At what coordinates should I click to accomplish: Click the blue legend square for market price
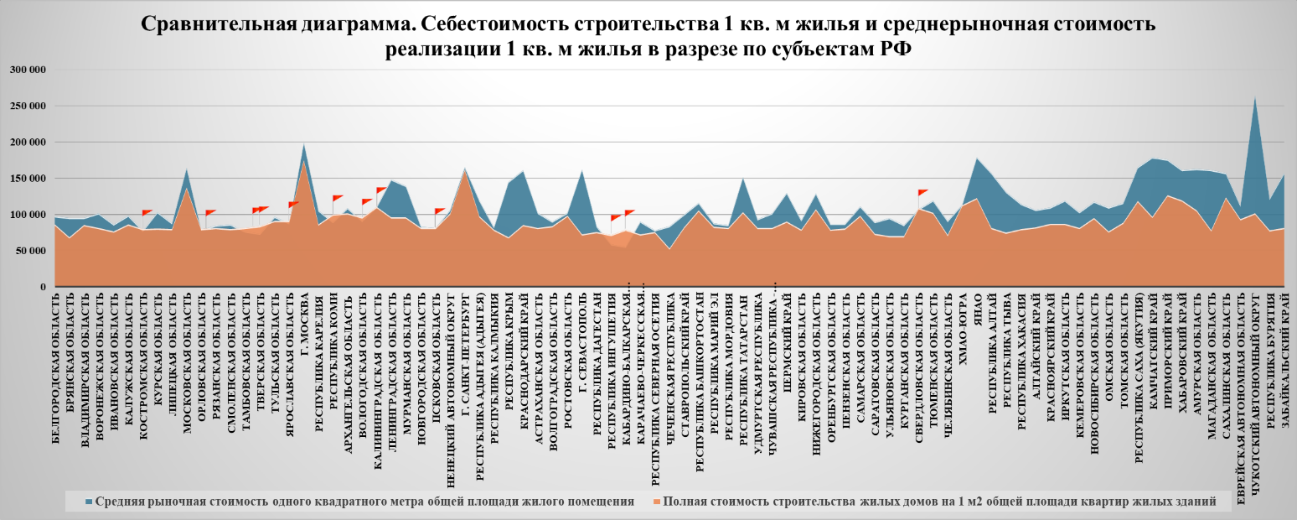coord(89,502)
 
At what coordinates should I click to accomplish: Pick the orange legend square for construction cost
coord(655,502)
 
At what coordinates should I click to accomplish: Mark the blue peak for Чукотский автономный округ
coord(1254,99)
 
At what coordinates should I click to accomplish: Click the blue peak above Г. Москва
coord(303,145)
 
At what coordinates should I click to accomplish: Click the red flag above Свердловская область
coord(922,192)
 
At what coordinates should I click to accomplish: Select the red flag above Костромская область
coord(147,213)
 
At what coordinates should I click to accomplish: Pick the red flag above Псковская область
coord(439,211)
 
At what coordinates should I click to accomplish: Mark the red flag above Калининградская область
coord(380,190)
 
